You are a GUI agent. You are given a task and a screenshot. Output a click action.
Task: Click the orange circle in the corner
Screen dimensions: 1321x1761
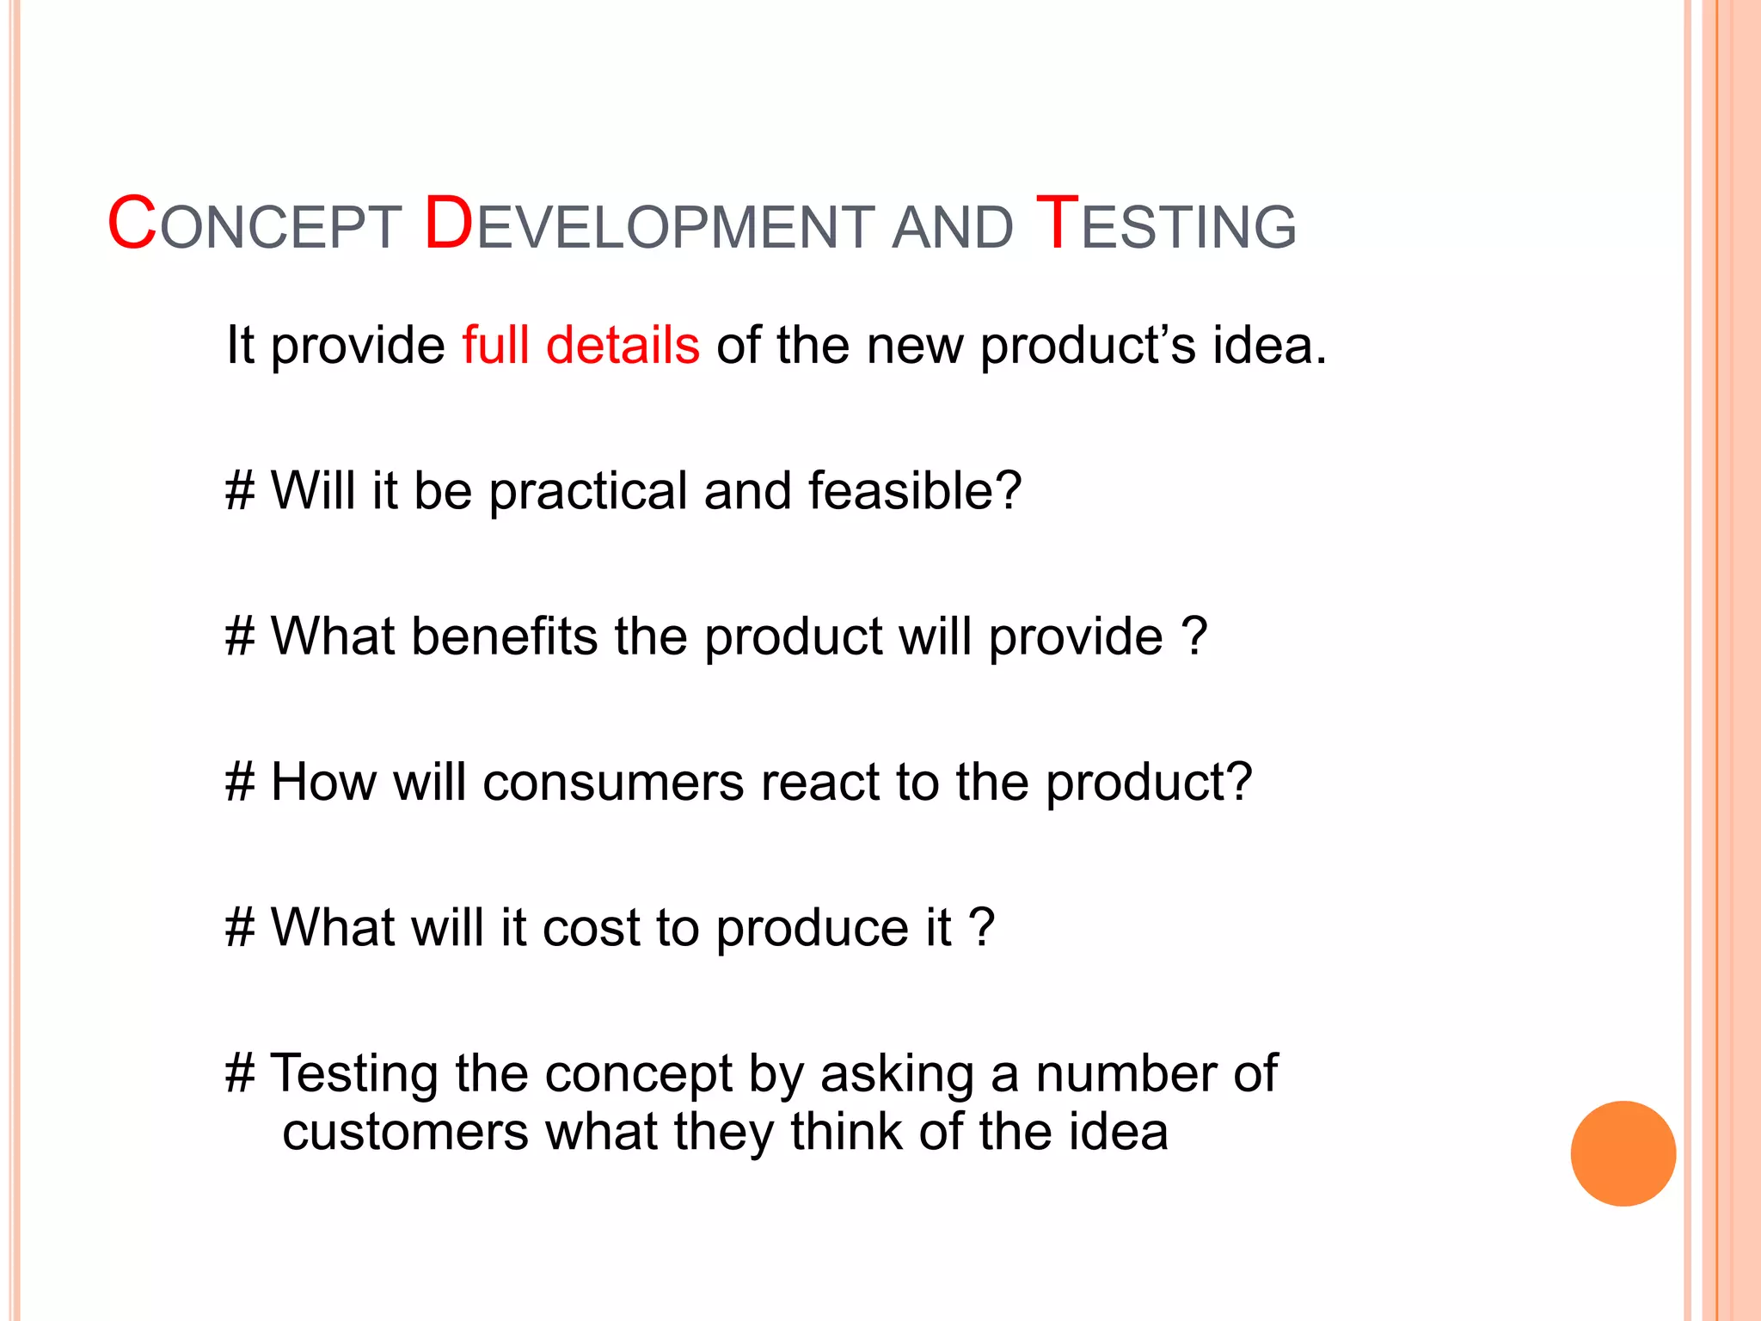[1623, 1153]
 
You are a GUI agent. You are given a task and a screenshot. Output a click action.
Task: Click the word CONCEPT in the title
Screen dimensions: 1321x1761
[255, 225]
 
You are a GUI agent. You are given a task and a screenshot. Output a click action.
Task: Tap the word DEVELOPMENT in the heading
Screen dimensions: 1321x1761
[649, 225]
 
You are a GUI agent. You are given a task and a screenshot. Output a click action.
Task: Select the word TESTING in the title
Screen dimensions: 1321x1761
[1165, 225]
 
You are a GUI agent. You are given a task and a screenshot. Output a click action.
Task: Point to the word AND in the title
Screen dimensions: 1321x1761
[953, 229]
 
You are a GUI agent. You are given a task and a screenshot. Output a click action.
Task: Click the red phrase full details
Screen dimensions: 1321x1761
[580, 345]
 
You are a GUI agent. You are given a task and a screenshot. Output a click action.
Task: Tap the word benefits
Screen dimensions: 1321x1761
[504, 636]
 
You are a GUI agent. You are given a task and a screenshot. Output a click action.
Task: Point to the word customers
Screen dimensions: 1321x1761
[405, 1132]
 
